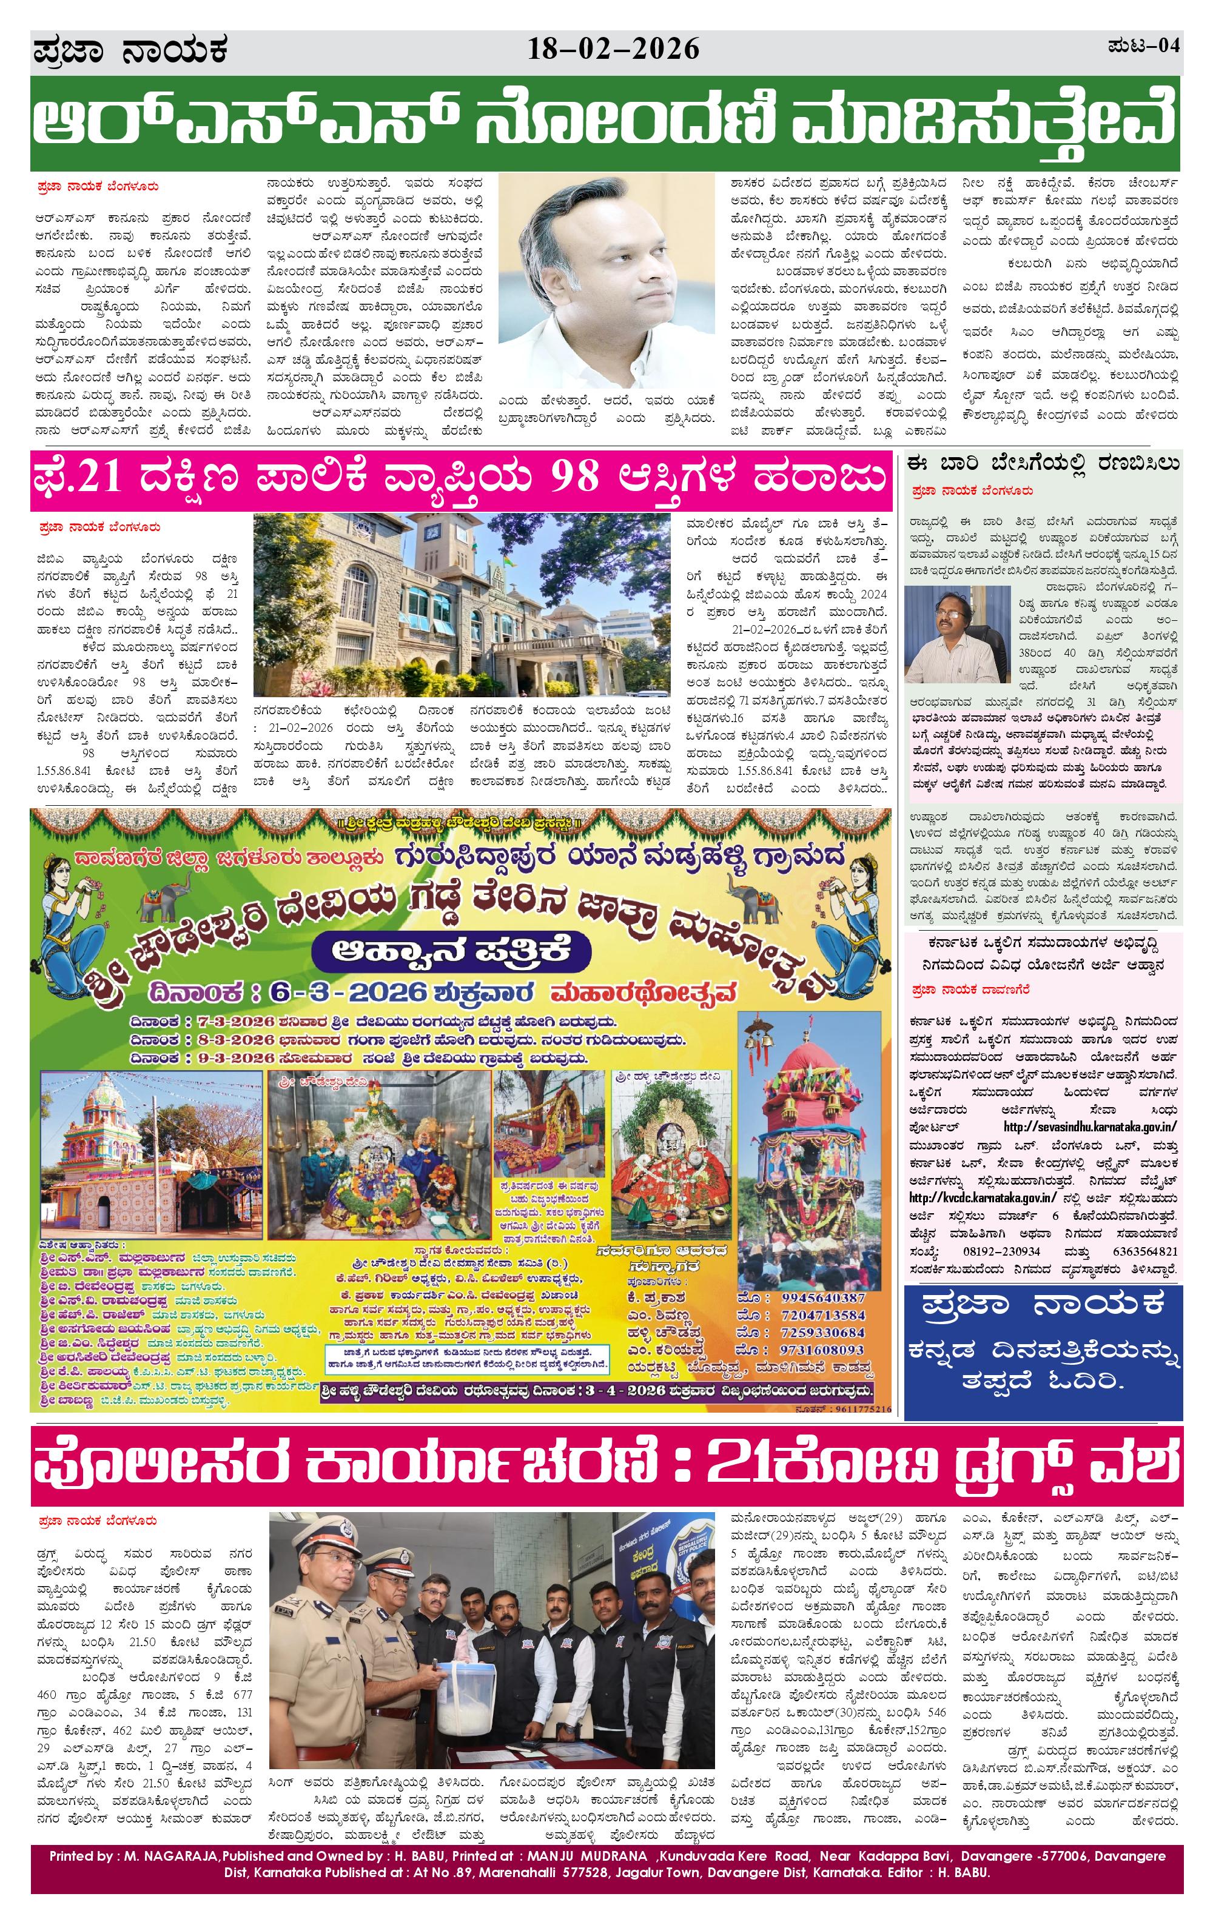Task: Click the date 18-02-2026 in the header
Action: (613, 50)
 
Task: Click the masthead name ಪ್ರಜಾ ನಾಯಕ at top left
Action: (131, 51)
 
